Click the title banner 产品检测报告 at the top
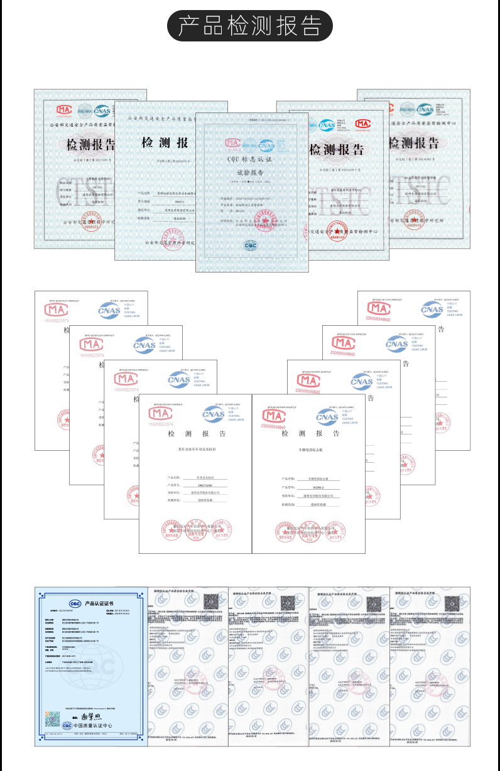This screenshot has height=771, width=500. point(249,26)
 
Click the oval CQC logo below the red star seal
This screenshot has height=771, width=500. point(251,245)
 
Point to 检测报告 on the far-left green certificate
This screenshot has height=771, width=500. point(91,145)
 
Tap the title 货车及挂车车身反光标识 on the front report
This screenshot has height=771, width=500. point(195,450)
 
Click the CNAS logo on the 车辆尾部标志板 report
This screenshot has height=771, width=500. point(327,416)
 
